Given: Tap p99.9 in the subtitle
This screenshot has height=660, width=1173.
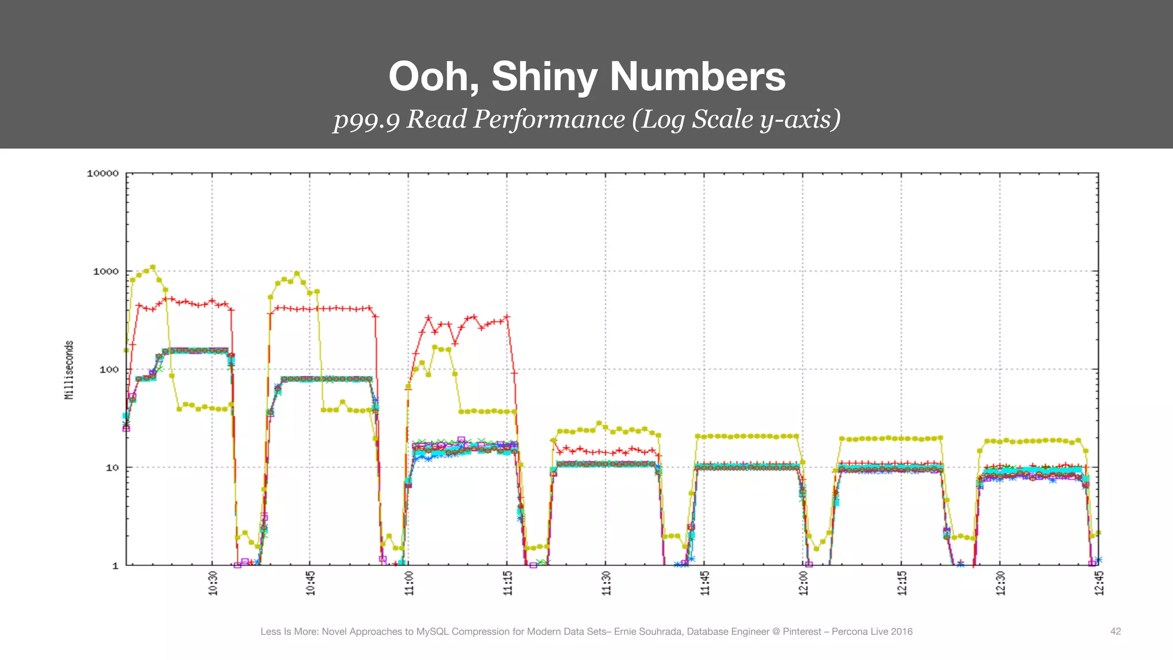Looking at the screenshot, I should coord(367,120).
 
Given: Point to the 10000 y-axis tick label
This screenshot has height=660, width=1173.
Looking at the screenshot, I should coord(103,174).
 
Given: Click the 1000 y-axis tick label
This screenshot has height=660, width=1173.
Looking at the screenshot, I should coord(106,272).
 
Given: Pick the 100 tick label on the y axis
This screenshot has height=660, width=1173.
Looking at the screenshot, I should coord(109,370).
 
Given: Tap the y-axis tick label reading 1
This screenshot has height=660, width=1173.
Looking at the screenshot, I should coord(115,566).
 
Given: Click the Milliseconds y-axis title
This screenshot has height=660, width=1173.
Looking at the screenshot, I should coord(69,370).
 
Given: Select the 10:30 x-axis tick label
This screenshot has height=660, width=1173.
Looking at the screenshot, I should coord(213,583).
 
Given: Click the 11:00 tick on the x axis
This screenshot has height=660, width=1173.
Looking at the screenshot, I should coord(409,583).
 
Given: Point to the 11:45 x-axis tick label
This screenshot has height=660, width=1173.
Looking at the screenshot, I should coord(705,583).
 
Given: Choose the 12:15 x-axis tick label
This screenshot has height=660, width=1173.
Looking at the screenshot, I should coord(902,583).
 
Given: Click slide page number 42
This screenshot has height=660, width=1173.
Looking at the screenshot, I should coord(1115,631).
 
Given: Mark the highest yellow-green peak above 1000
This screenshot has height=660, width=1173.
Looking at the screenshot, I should coord(152,267).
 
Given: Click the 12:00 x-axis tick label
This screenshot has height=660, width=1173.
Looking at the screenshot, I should coord(804,583).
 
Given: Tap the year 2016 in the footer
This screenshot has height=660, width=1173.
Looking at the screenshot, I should coord(902,631).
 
